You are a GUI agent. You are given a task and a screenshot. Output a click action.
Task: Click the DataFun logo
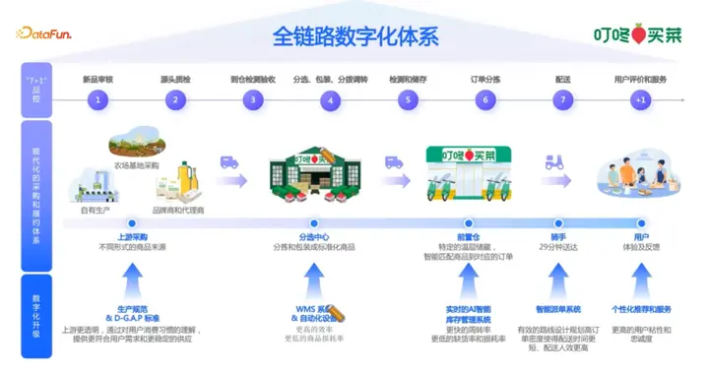50,34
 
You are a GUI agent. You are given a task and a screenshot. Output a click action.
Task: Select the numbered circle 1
97,99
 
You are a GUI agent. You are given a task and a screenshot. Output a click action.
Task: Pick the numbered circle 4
330,99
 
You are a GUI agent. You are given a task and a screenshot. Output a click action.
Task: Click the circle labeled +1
640,99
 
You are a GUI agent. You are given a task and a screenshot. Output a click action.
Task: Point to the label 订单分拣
484,77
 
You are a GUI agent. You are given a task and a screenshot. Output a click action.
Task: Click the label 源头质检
175,77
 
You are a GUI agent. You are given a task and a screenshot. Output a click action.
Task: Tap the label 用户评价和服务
640,77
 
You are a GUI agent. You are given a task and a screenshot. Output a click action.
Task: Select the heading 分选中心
313,237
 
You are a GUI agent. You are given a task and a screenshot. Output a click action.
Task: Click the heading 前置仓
468,237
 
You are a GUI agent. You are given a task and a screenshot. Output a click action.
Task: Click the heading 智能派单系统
557,308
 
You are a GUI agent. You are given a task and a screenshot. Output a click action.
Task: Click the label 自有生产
97,210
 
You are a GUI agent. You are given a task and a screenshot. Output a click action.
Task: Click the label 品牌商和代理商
179,210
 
